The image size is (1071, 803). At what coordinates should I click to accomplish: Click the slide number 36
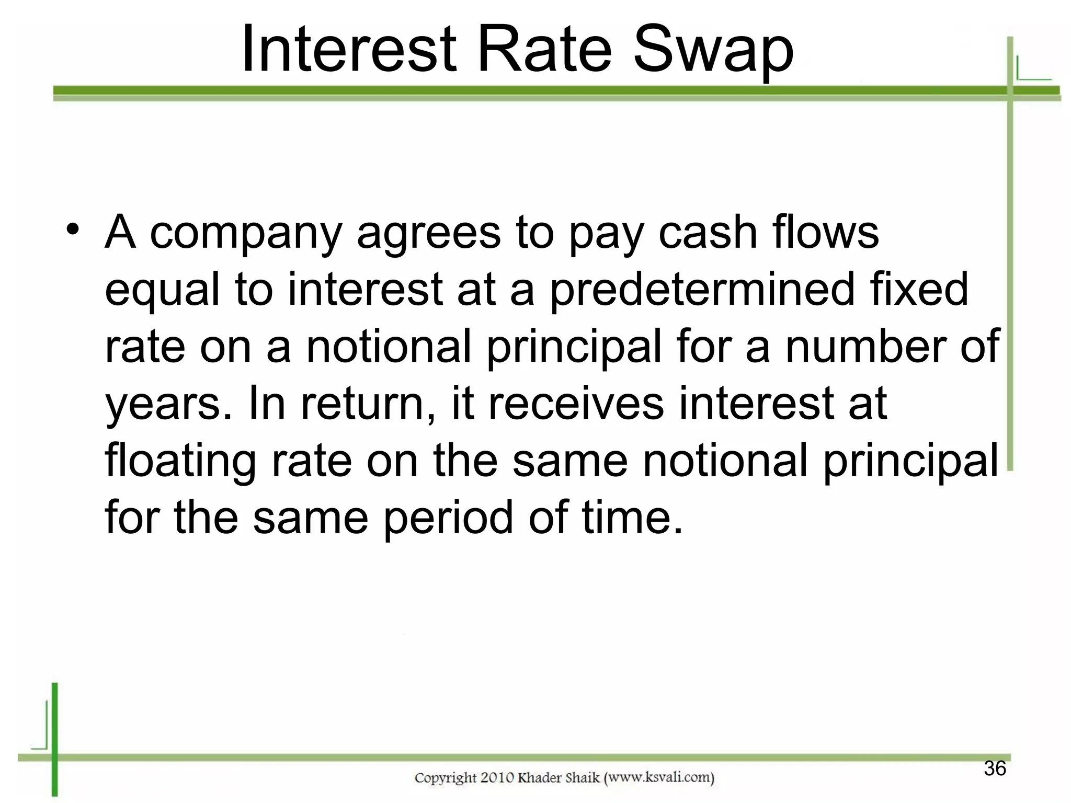[x=995, y=768]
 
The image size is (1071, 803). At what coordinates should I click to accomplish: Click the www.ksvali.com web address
[x=659, y=778]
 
